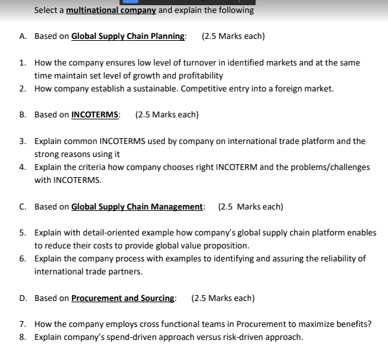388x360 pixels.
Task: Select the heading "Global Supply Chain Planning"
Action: (x=128, y=36)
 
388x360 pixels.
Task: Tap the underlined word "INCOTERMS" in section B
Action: (x=95, y=115)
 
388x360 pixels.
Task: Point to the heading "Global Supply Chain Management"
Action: (x=137, y=207)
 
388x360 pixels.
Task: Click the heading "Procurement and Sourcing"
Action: (x=123, y=298)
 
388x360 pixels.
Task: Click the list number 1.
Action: (x=22, y=63)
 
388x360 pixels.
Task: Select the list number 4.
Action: (x=22, y=167)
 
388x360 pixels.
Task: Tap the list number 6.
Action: (x=22, y=259)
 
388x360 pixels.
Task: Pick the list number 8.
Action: (x=22, y=337)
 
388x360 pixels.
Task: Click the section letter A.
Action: (x=22, y=36)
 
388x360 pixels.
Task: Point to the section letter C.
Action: (x=22, y=207)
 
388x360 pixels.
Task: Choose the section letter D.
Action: (x=22, y=298)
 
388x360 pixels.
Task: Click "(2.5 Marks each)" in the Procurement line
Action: (x=223, y=298)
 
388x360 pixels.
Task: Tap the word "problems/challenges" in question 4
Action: (x=330, y=167)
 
